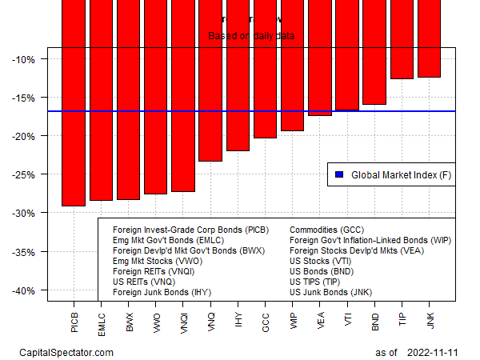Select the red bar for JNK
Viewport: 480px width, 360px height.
[x=429, y=40]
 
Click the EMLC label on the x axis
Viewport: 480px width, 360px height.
[x=102, y=318]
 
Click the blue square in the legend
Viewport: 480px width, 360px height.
[x=338, y=174]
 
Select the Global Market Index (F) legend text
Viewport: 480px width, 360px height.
[x=400, y=174]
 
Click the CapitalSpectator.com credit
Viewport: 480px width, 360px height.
[x=66, y=352]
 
